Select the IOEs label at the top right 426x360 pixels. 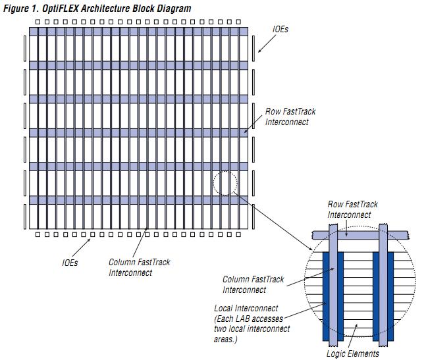coord(280,30)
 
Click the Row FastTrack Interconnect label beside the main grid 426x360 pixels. coord(286,116)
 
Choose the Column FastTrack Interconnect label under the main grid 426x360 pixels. coord(139,267)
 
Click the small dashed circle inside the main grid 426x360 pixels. coord(225,183)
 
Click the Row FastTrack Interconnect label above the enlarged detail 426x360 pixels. coord(354,210)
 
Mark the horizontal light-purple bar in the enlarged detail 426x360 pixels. coord(361,234)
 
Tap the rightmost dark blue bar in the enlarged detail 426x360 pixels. coord(391,296)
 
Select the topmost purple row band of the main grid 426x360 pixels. coord(138,31)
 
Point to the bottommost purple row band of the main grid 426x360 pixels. coord(138,199)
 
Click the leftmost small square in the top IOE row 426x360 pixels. coord(37,22)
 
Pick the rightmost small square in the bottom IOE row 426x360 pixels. coord(240,234)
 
